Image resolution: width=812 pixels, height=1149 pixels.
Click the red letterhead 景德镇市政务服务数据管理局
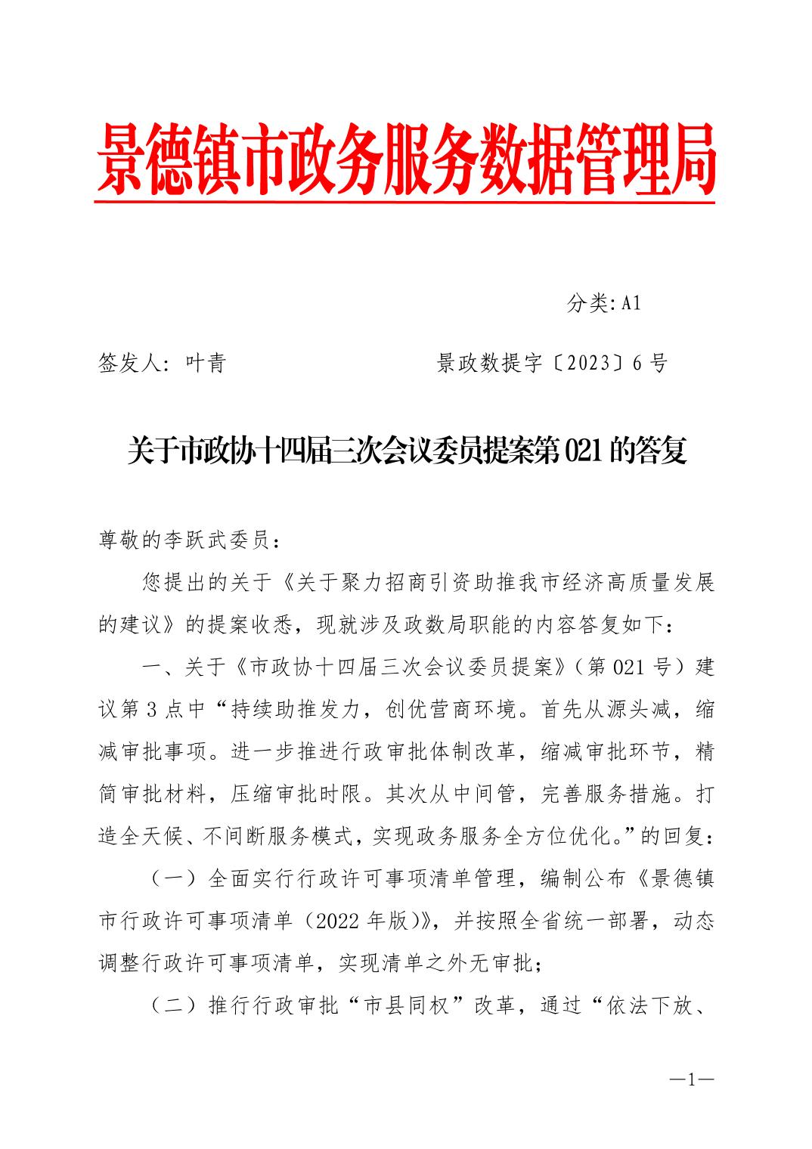(406, 159)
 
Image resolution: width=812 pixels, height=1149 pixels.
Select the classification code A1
(631, 304)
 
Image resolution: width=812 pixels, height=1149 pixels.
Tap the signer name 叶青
(206, 364)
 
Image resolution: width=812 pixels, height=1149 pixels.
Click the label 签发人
(129, 364)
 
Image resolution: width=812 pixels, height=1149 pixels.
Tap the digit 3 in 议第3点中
(150, 710)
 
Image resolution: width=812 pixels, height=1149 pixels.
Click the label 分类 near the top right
(587, 304)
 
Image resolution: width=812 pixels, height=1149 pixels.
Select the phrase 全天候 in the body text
(161, 837)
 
